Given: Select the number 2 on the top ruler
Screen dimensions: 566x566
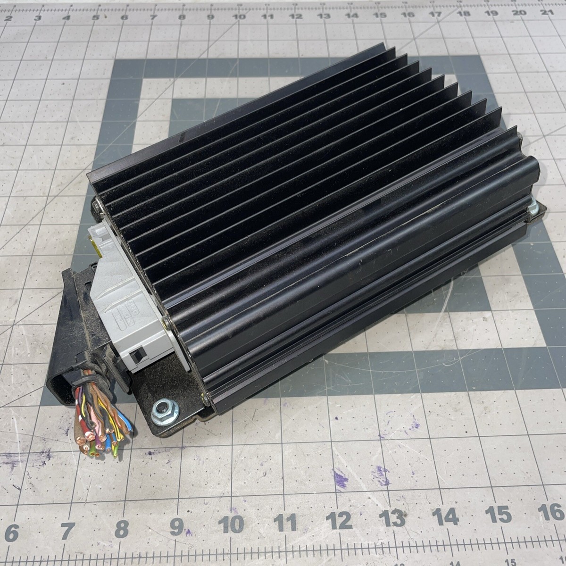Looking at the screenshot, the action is click(8, 18).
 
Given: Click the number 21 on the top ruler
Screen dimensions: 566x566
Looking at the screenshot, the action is click(547, 12).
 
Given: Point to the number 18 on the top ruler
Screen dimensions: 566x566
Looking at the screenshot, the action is click(463, 14).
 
